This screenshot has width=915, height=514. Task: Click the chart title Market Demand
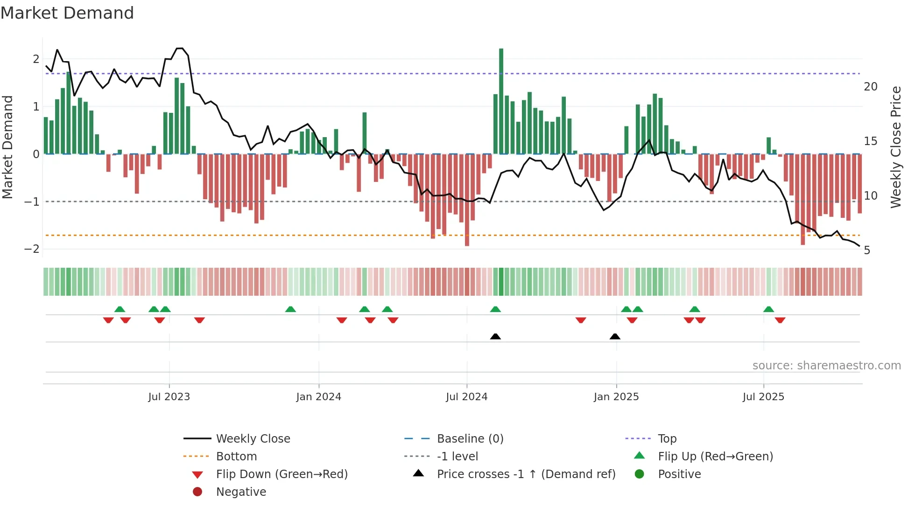[x=67, y=13]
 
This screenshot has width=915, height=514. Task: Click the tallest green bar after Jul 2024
[x=501, y=101]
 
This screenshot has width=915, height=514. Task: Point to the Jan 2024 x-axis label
[x=318, y=397]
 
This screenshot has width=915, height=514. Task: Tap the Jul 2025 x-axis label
[x=763, y=397]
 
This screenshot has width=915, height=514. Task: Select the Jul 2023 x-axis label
[x=169, y=397]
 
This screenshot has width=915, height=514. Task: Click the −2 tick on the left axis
[x=32, y=249]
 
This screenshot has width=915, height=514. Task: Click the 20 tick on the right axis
[x=870, y=87]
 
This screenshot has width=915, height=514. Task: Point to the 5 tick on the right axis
[x=867, y=251]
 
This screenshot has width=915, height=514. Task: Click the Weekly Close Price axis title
[x=895, y=147]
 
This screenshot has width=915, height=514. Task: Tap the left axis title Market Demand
[x=8, y=147]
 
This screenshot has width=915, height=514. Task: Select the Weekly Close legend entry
[x=253, y=439]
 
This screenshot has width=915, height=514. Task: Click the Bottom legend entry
[x=236, y=457]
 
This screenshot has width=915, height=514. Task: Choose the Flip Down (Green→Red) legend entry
[x=282, y=474]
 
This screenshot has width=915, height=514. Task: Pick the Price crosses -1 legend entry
[x=526, y=474]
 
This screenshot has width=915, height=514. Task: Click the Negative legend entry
[x=241, y=492]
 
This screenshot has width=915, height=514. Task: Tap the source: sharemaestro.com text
[x=826, y=366]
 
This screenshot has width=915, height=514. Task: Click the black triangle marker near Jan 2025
[x=615, y=337]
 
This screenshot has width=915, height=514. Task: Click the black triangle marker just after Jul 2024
[x=495, y=337]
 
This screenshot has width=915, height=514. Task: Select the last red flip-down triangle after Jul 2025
[x=780, y=320]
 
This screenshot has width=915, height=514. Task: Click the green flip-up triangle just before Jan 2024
[x=290, y=309]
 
